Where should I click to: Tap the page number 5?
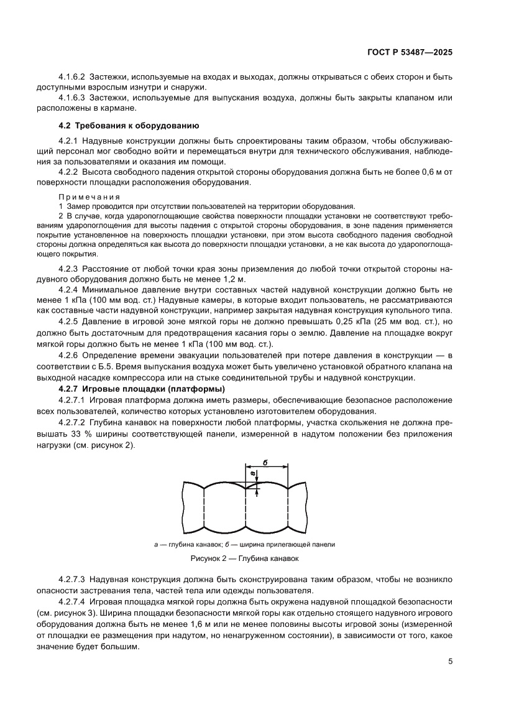coord(450,661)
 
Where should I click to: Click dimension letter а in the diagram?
coord(253,475)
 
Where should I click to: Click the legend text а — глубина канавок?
coord(190,544)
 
